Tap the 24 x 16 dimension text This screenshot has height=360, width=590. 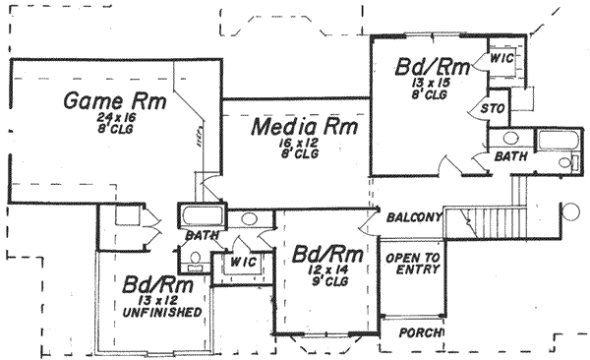click(x=115, y=117)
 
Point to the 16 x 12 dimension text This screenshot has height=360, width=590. click(x=298, y=143)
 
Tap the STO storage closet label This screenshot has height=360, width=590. click(x=491, y=106)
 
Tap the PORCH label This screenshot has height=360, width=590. click(x=419, y=332)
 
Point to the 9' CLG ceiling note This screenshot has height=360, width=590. click(x=322, y=281)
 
